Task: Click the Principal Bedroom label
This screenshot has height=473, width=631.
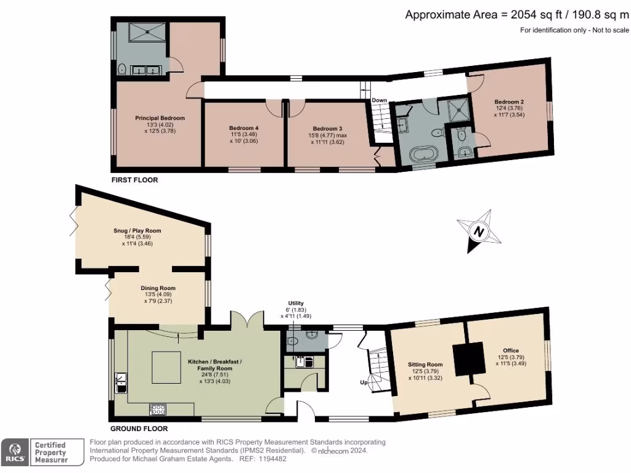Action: (x=160, y=118)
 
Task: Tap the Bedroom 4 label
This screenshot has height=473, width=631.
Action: (x=244, y=128)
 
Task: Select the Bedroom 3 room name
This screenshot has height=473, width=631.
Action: (x=328, y=129)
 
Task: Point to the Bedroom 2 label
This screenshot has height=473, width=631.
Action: (x=509, y=102)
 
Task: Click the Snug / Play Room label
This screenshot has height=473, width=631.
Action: (x=137, y=231)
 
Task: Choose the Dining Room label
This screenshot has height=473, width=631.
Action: (x=158, y=288)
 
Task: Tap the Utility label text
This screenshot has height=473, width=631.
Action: (x=296, y=303)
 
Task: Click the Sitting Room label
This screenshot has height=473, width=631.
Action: (x=425, y=365)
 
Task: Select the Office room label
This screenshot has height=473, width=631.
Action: (x=511, y=350)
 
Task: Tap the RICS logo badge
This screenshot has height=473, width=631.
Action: (x=15, y=452)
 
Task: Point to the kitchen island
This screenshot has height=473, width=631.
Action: (x=166, y=367)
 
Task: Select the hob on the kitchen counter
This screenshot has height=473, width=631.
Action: (x=158, y=410)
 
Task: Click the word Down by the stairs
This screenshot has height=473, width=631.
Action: (x=379, y=100)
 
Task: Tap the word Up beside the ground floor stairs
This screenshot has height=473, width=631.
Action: (x=364, y=382)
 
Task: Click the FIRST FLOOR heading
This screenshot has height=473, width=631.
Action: (x=135, y=180)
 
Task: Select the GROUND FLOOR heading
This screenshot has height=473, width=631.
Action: (x=139, y=429)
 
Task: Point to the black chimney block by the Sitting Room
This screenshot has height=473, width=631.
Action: (x=468, y=359)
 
